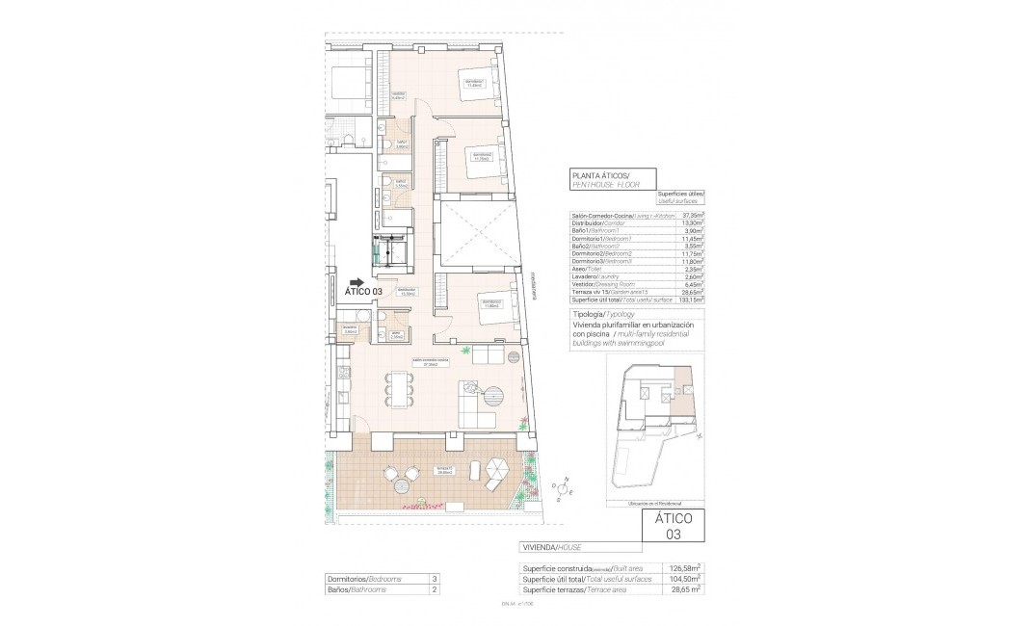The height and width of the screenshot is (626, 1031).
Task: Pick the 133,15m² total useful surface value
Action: click(690, 299)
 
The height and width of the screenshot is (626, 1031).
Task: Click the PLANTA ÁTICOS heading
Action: click(599, 175)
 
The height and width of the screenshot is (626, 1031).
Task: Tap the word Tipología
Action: click(588, 315)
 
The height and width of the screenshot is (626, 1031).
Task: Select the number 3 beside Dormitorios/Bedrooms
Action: click(435, 579)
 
